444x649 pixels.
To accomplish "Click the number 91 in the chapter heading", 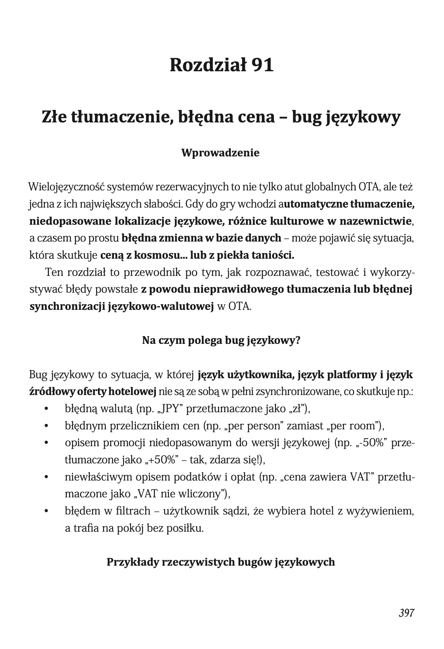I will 262,65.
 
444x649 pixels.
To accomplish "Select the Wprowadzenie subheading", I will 221,153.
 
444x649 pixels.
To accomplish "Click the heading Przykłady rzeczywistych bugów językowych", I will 221,562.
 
